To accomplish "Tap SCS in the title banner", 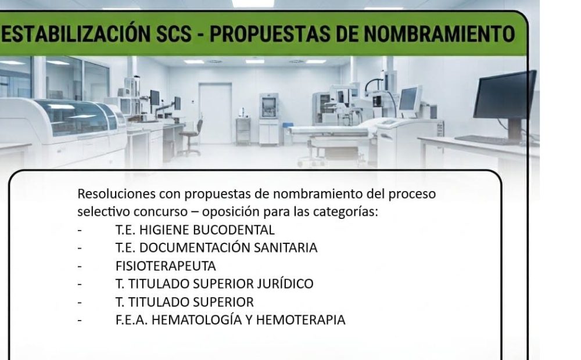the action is point(174,34).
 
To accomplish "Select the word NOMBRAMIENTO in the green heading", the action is point(439,34).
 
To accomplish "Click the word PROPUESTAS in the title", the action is point(270,34).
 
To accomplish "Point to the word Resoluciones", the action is point(116,194).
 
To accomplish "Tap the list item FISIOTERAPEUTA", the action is point(166,266).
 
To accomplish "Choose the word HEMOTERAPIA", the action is point(300,320).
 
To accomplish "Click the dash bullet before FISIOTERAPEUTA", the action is point(80,266).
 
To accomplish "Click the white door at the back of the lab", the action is point(216,113).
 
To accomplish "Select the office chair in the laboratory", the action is point(191,138).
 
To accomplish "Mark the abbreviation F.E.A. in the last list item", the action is point(131,320).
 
